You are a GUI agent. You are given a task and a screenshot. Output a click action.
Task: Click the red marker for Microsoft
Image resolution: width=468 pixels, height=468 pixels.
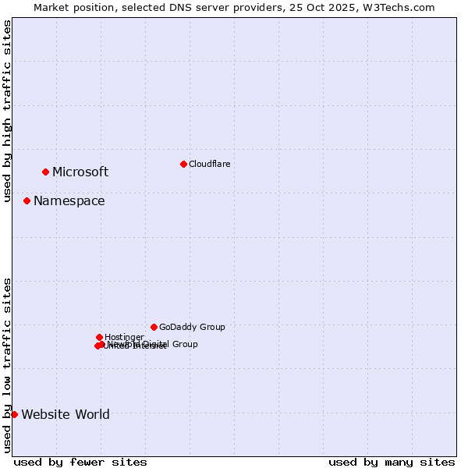pyautogui.click(x=45, y=172)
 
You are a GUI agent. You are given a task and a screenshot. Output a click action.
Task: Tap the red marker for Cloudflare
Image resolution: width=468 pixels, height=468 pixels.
pyautogui.click(x=183, y=164)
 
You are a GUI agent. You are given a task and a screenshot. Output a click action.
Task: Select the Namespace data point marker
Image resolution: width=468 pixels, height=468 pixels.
pyautogui.click(x=27, y=200)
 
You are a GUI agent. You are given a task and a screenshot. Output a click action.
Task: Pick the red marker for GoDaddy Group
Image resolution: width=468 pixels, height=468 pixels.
pyautogui.click(x=154, y=327)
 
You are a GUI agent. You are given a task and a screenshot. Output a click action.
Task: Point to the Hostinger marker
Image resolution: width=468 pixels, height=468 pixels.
pyautogui.click(x=99, y=337)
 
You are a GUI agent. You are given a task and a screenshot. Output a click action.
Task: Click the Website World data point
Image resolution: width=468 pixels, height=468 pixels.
pyautogui.click(x=14, y=414)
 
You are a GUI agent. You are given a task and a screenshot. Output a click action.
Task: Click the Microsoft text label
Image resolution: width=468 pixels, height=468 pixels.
pyautogui.click(x=80, y=172)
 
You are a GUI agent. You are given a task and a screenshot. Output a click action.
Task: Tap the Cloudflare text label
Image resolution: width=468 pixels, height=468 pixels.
pyautogui.click(x=209, y=164)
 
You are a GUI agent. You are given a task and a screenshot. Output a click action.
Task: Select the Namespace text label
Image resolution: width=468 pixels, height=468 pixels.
pyautogui.click(x=69, y=201)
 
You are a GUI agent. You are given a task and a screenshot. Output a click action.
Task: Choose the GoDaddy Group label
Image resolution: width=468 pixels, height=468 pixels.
pyautogui.click(x=192, y=328)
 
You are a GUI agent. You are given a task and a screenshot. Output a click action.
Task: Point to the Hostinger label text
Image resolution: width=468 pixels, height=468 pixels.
pyautogui.click(x=124, y=337)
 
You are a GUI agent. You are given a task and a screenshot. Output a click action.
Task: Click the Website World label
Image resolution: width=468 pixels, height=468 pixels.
pyautogui.click(x=66, y=415)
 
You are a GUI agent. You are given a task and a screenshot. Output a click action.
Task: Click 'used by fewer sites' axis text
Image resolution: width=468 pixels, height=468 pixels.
pyautogui.click(x=80, y=462)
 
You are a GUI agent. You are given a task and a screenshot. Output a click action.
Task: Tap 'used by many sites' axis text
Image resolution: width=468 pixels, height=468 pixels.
pyautogui.click(x=392, y=462)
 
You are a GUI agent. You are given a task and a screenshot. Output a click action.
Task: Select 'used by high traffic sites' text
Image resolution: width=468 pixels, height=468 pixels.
pyautogui.click(x=7, y=111)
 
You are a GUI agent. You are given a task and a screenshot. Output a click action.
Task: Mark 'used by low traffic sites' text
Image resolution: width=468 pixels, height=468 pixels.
pyautogui.click(x=7, y=364)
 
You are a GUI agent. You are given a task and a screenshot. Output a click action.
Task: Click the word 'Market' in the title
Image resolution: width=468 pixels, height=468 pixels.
pyautogui.click(x=51, y=7)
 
